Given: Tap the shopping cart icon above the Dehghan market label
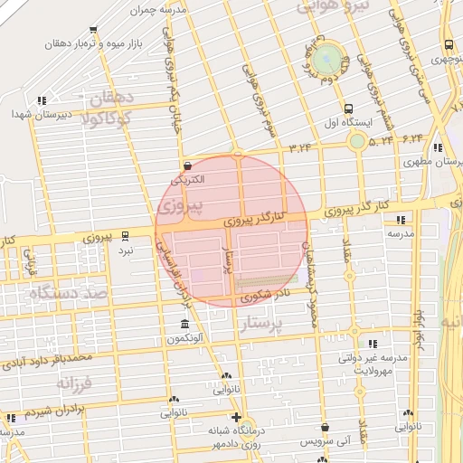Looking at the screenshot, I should pos(93,30).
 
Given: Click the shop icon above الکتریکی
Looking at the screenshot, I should pos(187,166).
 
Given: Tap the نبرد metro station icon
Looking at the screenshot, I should pos(125,235).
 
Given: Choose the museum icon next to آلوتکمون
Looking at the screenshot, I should pos(185,325).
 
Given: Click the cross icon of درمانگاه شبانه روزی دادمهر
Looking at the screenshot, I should pos(237,418).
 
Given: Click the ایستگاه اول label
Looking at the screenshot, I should pos(343,120).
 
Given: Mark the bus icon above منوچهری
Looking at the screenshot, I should pos(449,45).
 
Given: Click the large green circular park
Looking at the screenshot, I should pos(331,60).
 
